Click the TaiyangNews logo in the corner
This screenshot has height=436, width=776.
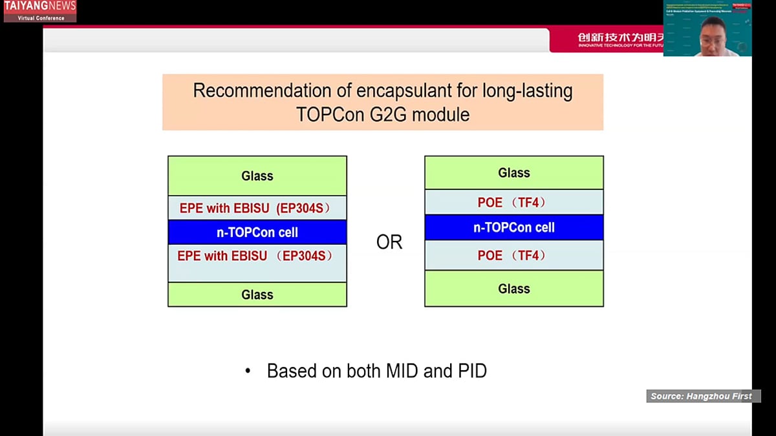tap(39, 11)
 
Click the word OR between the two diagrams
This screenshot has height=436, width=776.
tap(389, 242)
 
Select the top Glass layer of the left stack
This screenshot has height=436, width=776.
tap(257, 176)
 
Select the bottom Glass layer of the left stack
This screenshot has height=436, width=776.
tap(257, 295)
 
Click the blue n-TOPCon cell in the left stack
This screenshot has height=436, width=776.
tap(257, 232)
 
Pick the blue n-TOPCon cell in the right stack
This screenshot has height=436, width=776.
tap(514, 227)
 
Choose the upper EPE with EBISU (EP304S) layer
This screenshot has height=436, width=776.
tap(257, 208)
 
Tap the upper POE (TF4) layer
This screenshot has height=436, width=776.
tap(514, 202)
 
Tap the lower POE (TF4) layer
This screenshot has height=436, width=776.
tap(514, 255)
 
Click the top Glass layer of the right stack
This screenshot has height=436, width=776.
tap(514, 172)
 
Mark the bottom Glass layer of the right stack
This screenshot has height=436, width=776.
tap(514, 289)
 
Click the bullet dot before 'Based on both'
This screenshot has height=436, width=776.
tap(248, 371)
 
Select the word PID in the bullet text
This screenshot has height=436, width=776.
tap(470, 371)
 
